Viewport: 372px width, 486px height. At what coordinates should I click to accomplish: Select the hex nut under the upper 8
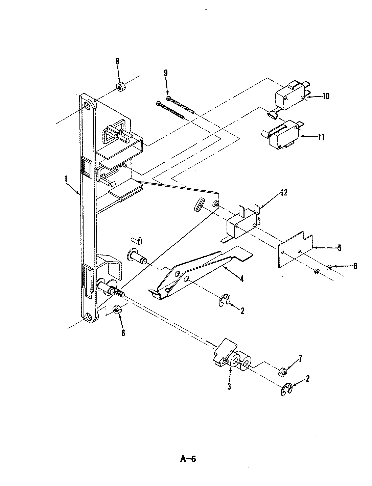pos(120,87)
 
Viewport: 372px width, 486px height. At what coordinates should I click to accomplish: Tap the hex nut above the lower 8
pos(117,309)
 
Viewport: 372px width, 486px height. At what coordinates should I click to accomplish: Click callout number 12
pos(283,193)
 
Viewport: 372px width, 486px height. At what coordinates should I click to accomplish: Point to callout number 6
pos(355,266)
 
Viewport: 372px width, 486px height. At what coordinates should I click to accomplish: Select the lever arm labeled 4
pos(200,270)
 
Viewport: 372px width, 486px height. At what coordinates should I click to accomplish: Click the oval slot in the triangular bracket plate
pos(199,205)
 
